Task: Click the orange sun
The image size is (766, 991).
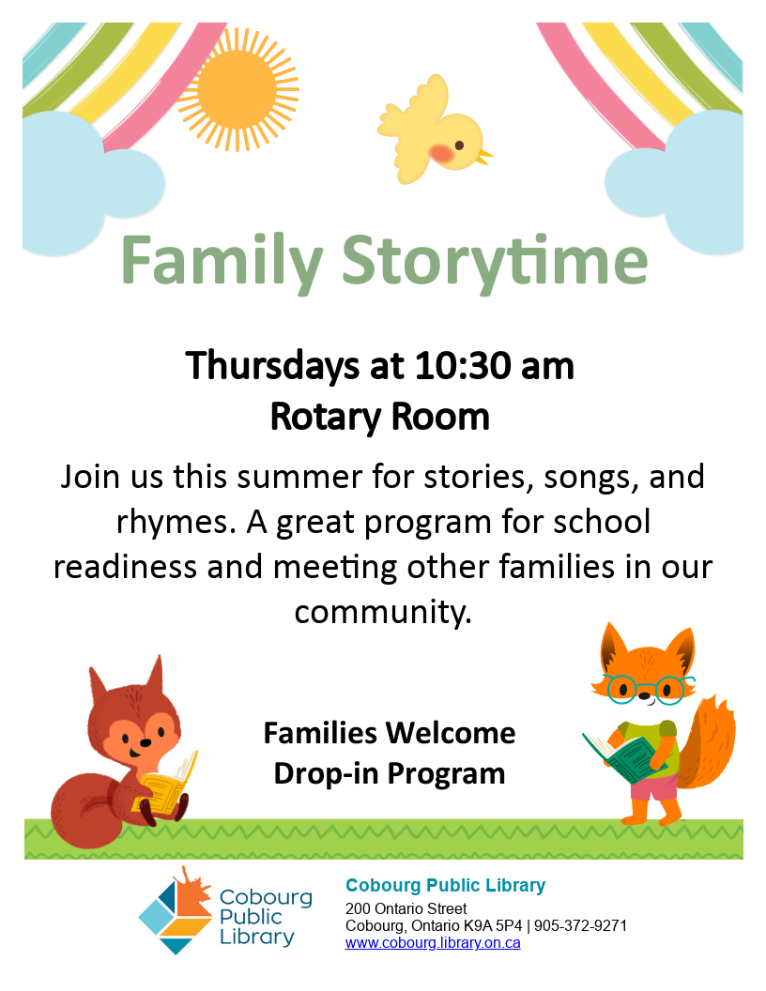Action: (x=237, y=89)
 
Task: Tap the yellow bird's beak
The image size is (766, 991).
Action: (x=485, y=156)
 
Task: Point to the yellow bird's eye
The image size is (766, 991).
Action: (x=459, y=145)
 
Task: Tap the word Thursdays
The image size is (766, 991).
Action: (x=272, y=367)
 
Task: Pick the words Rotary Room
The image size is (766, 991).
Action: (x=380, y=417)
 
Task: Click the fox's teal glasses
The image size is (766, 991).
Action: (x=645, y=689)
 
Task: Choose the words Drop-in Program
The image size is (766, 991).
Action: (x=390, y=773)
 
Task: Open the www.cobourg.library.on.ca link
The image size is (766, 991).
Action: (x=433, y=943)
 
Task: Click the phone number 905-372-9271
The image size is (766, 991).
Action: (x=580, y=926)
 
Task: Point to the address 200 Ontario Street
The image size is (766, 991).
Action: (x=406, y=908)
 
